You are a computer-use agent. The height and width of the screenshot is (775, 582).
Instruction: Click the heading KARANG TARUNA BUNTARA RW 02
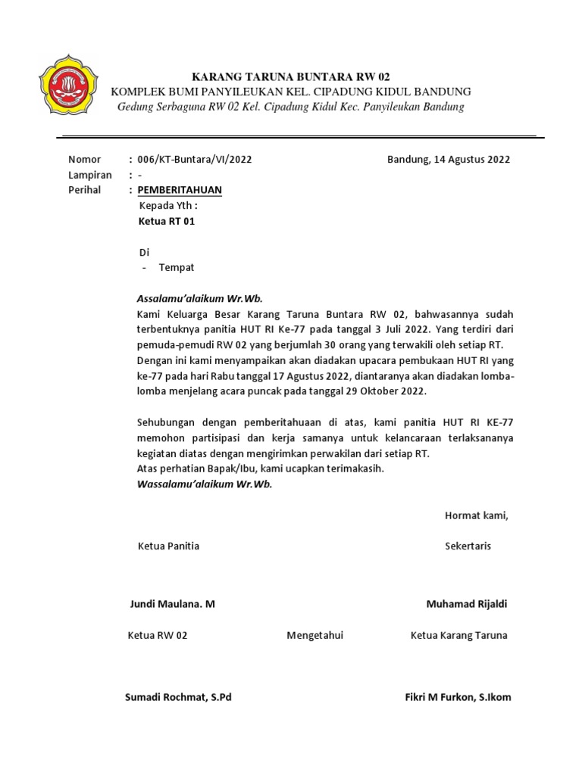pyautogui.click(x=291, y=76)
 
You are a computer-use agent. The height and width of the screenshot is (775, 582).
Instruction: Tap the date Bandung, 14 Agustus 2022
pyautogui.click(x=448, y=160)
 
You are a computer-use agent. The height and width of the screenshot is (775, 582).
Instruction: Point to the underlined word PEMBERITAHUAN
pyautogui.click(x=180, y=190)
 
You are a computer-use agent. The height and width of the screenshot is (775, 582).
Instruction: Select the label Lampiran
pyautogui.click(x=90, y=175)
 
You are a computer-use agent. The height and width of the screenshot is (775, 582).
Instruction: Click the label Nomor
pyautogui.click(x=84, y=160)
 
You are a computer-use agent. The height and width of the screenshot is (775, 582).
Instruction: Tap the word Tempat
pyautogui.click(x=177, y=268)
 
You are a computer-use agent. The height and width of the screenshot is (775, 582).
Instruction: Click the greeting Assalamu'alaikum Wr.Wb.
pyautogui.click(x=199, y=298)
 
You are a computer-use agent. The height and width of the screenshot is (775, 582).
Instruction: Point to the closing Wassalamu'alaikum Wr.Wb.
pyautogui.click(x=204, y=484)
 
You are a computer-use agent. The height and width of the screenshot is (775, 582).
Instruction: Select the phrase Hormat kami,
pyautogui.click(x=476, y=516)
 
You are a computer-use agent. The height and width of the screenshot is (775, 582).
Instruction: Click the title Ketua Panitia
pyautogui.click(x=168, y=546)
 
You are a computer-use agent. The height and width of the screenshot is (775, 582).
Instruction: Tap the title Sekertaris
pyautogui.click(x=468, y=546)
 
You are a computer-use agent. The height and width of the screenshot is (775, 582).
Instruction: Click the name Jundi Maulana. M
pyautogui.click(x=173, y=604)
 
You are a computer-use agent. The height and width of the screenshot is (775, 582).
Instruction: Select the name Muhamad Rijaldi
pyautogui.click(x=467, y=604)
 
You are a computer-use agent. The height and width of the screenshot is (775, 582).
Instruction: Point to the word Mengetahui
pyautogui.click(x=314, y=635)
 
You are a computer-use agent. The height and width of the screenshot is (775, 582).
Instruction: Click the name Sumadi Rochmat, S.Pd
pyautogui.click(x=178, y=697)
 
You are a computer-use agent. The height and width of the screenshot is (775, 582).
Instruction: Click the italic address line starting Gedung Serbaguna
pyautogui.click(x=291, y=107)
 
